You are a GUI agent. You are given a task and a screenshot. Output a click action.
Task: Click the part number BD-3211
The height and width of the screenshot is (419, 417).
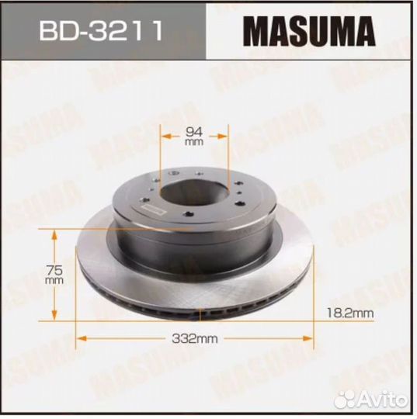tap(101, 30)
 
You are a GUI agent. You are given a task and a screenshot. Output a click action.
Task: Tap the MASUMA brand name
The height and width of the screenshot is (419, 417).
tap(309, 31)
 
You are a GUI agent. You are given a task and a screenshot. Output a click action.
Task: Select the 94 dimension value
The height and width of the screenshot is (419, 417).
tap(194, 131)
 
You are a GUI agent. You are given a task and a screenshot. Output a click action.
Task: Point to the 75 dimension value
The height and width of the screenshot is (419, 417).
tap(54, 270)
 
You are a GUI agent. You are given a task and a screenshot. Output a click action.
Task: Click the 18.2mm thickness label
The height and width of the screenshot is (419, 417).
tap(350, 313)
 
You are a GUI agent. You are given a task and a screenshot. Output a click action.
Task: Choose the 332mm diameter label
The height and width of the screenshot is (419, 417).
tap(195, 339)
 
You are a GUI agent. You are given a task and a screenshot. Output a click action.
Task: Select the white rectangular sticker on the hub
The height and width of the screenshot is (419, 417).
tap(153, 209)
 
